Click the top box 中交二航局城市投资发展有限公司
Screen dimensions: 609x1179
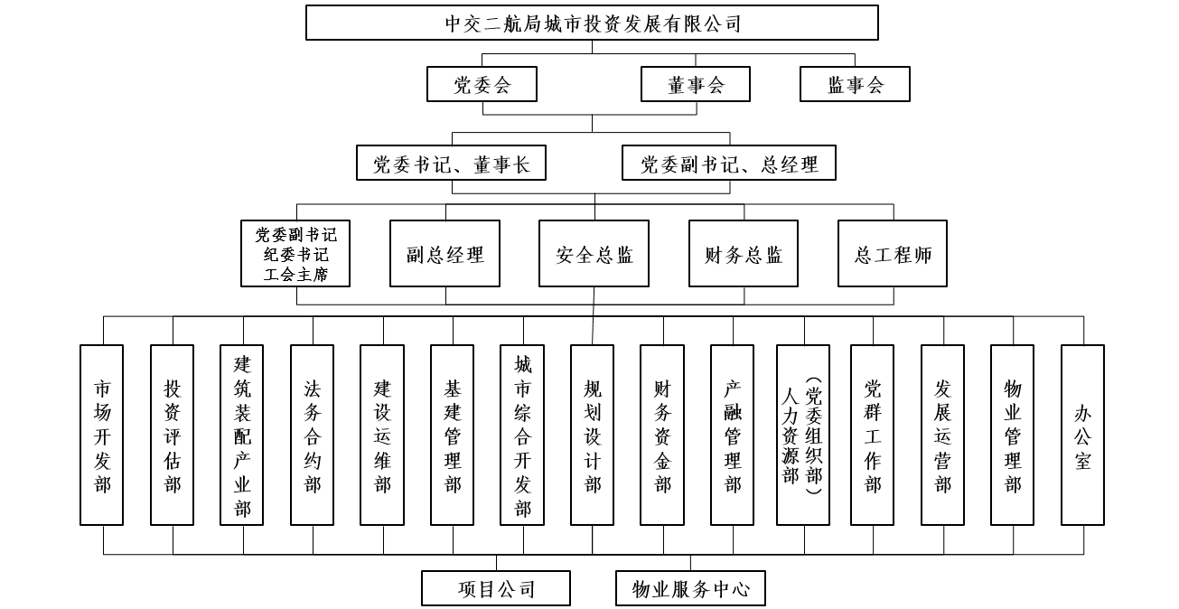(592, 23)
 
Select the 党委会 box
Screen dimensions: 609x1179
(482, 85)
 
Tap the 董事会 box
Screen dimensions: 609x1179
(696, 85)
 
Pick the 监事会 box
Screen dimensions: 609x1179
(855, 85)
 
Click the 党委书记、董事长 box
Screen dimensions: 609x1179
(452, 164)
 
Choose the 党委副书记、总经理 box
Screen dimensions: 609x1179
(729, 164)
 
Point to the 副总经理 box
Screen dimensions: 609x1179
(444, 254)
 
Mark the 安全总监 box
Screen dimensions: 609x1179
(594, 254)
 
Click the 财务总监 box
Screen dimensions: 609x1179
(744, 254)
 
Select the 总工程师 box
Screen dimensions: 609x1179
(893, 254)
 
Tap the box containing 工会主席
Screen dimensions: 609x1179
(295, 254)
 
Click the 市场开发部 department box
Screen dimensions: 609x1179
(102, 435)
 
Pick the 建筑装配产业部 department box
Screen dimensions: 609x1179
(242, 435)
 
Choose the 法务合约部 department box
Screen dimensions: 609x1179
(313, 435)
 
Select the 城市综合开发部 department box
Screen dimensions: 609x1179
(523, 435)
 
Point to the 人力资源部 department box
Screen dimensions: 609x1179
(802, 435)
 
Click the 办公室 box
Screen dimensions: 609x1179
(1082, 435)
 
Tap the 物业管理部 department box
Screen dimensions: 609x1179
(1013, 435)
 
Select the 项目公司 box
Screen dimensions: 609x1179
(496, 588)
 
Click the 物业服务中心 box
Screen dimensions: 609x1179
(691, 588)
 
